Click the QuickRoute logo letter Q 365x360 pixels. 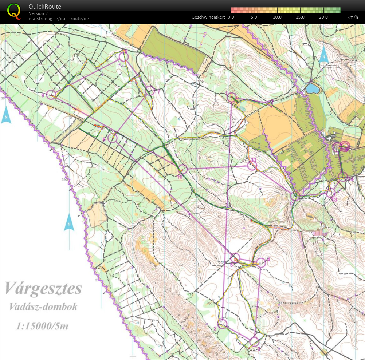tap(14, 11)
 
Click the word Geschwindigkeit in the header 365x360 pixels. tap(208, 17)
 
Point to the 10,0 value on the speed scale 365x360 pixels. tap(277, 17)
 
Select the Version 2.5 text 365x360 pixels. tap(40, 13)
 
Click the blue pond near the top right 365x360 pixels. tap(312, 88)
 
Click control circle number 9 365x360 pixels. tap(52, 95)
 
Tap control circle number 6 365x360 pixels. tap(113, 138)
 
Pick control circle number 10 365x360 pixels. tap(182, 169)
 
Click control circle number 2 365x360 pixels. tap(222, 323)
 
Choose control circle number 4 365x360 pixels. tap(261, 262)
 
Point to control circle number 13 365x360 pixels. tap(331, 193)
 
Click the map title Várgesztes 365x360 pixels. tap(43, 289)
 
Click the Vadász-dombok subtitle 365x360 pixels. tap(43, 307)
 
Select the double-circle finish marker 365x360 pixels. tap(344, 147)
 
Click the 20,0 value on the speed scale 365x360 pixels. tap(323, 17)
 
